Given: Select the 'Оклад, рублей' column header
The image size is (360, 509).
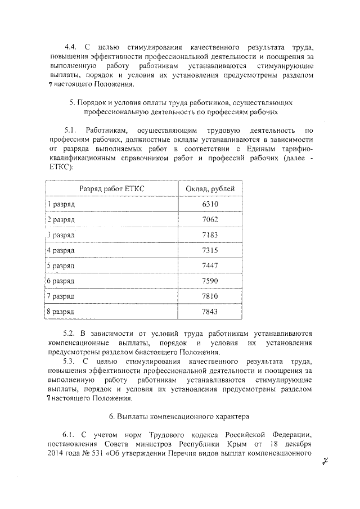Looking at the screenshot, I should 210,188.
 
